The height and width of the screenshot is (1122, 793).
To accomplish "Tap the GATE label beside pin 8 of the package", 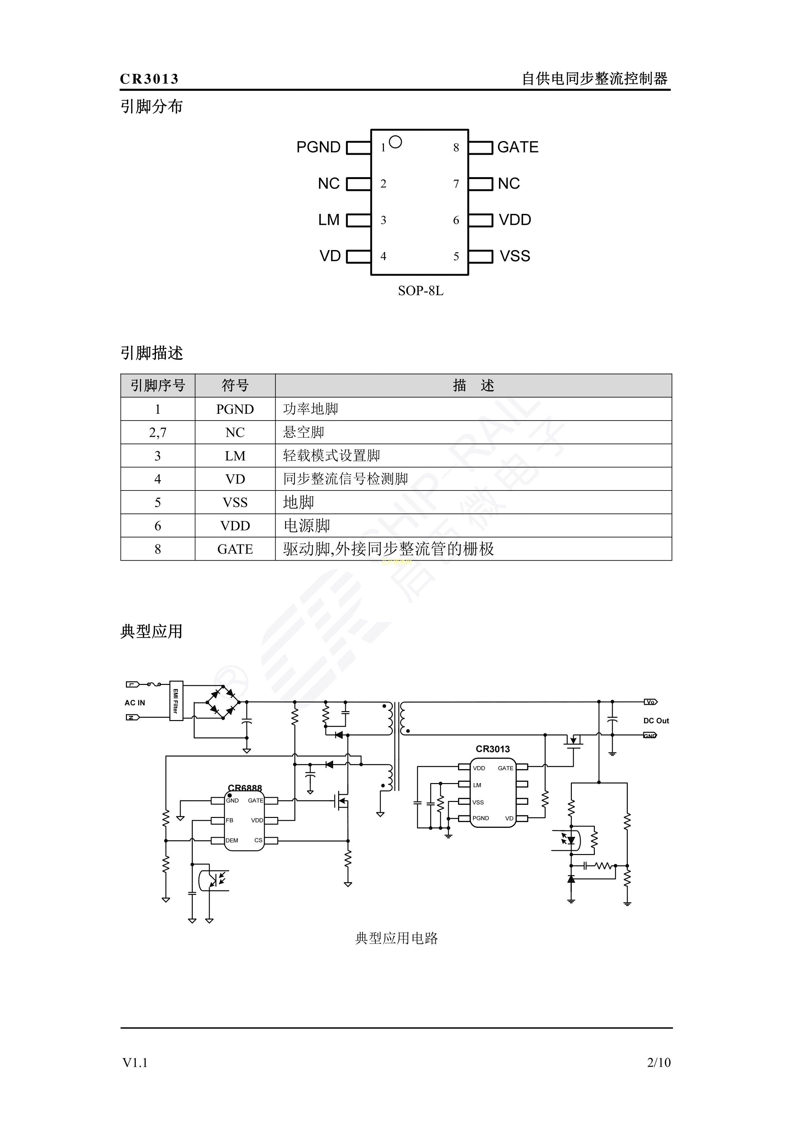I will (x=517, y=147).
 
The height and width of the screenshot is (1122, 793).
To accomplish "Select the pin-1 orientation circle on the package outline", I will (x=395, y=142).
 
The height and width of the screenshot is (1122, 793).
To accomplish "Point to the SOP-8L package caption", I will (x=420, y=291).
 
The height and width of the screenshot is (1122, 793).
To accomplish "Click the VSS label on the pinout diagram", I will (x=515, y=256).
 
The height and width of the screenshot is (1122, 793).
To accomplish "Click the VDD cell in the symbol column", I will (x=235, y=526).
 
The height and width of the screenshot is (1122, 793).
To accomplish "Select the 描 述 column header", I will (x=473, y=386).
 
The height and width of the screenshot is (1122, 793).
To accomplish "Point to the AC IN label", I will (x=135, y=703).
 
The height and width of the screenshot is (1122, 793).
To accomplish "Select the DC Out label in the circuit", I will (x=656, y=721).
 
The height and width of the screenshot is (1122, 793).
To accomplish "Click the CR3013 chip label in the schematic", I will (x=493, y=749).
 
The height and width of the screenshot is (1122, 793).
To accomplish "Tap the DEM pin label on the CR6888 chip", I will (x=232, y=841).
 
